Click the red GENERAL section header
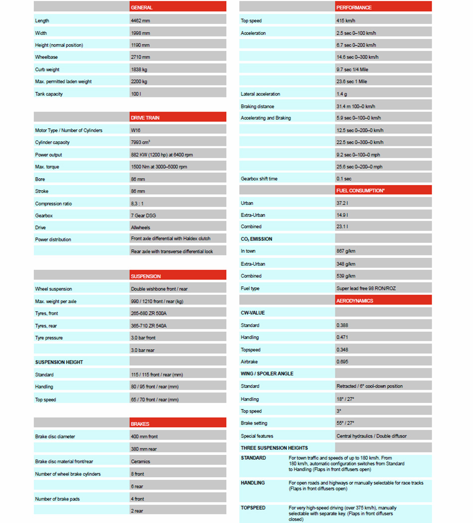click(x=177, y=7)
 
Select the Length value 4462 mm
click(x=141, y=21)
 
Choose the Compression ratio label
click(x=54, y=204)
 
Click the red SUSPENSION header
click(x=177, y=276)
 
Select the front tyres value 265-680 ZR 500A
click(x=149, y=314)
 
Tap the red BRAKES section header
click(x=177, y=424)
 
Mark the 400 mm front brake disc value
click(x=144, y=436)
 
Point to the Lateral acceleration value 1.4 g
click(x=342, y=94)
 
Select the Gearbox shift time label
click(x=259, y=179)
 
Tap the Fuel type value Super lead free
click(x=366, y=289)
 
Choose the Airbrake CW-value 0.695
click(x=343, y=362)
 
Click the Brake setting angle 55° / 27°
click(x=348, y=423)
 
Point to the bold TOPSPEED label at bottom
click(x=253, y=508)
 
